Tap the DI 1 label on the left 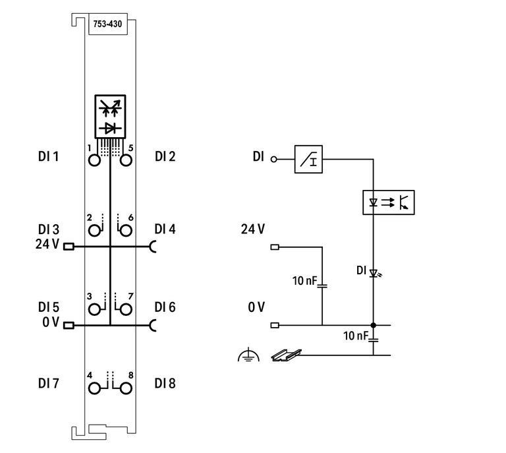[48, 157]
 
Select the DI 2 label [165, 156]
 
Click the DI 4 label [165, 229]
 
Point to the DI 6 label [165, 307]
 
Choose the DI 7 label [48, 383]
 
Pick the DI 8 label [165, 383]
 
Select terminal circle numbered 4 [95, 387]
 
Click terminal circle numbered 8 [125, 387]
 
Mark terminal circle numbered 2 [95, 229]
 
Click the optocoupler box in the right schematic [389, 202]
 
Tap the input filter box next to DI [308, 160]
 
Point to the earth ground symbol [248, 356]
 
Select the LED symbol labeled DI [373, 272]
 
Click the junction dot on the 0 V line [373, 325]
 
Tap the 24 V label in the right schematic [253, 229]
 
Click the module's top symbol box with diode [110, 117]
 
